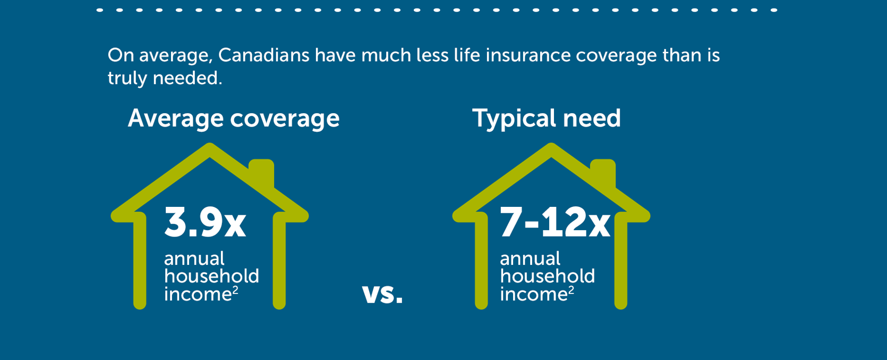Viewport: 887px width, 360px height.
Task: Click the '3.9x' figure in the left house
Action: [205, 223]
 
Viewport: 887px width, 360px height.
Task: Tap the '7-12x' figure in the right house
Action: [555, 223]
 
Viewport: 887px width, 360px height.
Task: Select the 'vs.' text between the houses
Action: [382, 294]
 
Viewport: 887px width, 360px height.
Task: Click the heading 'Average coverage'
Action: [233, 118]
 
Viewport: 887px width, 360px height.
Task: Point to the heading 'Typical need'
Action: [547, 118]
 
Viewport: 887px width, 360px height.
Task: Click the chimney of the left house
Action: [261, 172]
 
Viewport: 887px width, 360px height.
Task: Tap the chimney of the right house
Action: [603, 172]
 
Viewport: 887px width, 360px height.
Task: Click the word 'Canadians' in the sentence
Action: [263, 55]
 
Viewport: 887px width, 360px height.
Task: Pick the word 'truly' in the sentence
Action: [127, 78]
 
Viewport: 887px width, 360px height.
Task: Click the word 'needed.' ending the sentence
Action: [187, 78]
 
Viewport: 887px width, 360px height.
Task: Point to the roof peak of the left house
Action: [210, 147]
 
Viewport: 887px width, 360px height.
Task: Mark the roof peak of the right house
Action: [551, 147]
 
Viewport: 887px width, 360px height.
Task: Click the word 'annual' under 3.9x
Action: [194, 259]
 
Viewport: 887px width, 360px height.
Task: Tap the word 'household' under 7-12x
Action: [547, 277]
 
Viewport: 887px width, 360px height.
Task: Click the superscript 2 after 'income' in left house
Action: [235, 290]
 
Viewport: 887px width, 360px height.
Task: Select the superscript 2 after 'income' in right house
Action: [572, 290]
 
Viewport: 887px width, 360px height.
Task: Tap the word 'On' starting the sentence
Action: [121, 55]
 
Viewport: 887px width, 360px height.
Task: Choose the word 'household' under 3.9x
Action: [211, 277]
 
